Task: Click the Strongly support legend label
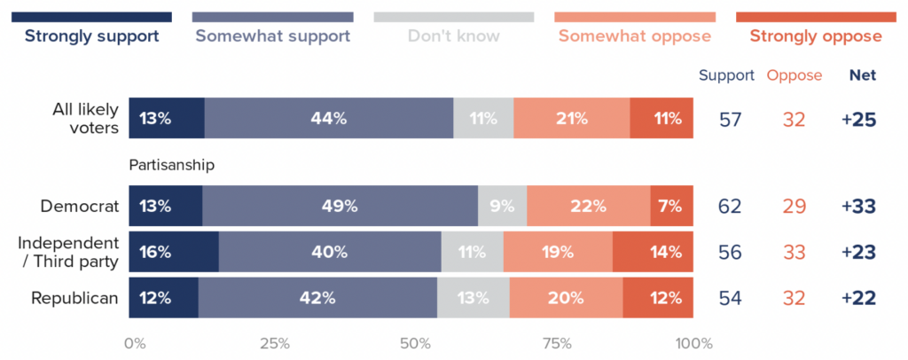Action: pyautogui.click(x=91, y=36)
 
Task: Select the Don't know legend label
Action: pyautogui.click(x=453, y=36)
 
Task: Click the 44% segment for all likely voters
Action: pyautogui.click(x=329, y=119)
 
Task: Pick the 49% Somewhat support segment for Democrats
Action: pyautogui.click(x=340, y=206)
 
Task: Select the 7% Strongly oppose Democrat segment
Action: pyautogui.click(x=671, y=206)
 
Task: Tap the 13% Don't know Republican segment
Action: pyautogui.click(x=473, y=298)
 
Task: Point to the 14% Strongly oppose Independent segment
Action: pyautogui.click(x=653, y=252)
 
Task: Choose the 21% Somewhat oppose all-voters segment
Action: pyautogui.click(x=572, y=119)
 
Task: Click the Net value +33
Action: pyautogui.click(x=858, y=206)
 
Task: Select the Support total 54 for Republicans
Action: pyautogui.click(x=730, y=298)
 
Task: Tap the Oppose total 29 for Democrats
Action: pyautogui.click(x=794, y=206)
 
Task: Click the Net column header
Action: pyautogui.click(x=862, y=75)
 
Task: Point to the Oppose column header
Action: pyautogui.click(x=794, y=75)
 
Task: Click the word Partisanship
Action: pyautogui.click(x=172, y=165)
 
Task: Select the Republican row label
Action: pyautogui.click(x=75, y=298)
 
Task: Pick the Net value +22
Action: pyautogui.click(x=858, y=298)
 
